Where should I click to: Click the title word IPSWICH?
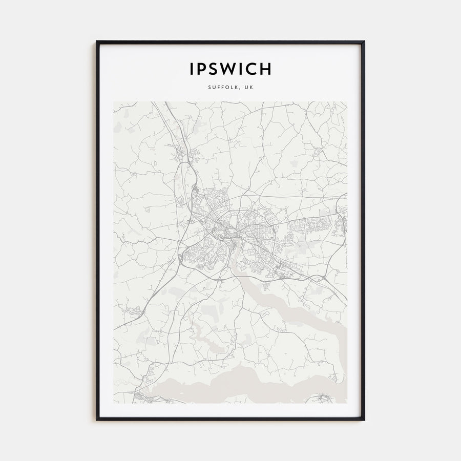(x=230, y=69)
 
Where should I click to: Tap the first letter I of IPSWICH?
(x=192, y=69)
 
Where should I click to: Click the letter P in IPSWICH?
(x=202, y=69)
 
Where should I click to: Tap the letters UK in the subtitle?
(x=249, y=87)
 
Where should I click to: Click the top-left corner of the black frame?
(x=97, y=42)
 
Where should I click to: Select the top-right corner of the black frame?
(x=364, y=42)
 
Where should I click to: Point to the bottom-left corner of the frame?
(x=97, y=420)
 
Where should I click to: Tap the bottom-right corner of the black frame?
(x=364, y=420)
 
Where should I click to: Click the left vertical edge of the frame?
(x=97, y=230)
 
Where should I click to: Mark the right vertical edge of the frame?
(x=364, y=230)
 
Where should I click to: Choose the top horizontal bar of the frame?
(x=230, y=42)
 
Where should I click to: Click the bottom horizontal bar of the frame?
(x=230, y=419)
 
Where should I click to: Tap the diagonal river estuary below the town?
(x=287, y=300)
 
